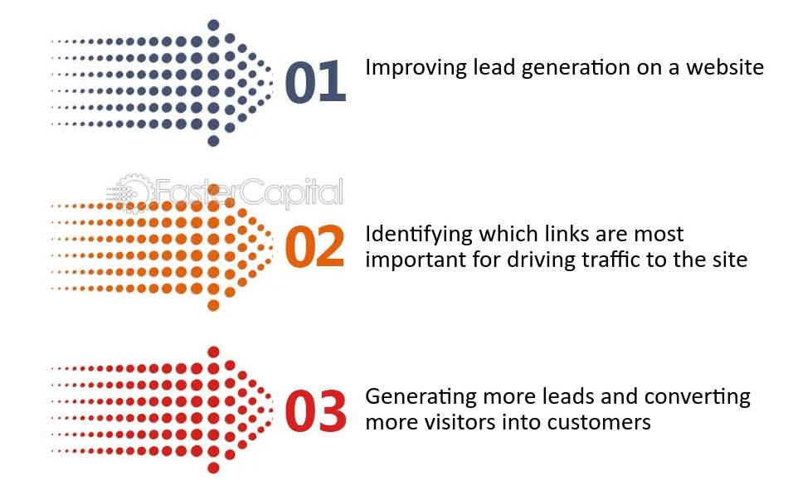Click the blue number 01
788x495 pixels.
coord(314,83)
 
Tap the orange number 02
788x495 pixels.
coord(314,246)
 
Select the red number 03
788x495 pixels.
coord(314,410)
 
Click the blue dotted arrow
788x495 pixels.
coord(166,83)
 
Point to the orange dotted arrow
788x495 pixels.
coord(166,247)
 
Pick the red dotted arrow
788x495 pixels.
coord(166,410)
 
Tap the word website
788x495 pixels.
coord(725,68)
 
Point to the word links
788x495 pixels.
coord(552,235)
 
